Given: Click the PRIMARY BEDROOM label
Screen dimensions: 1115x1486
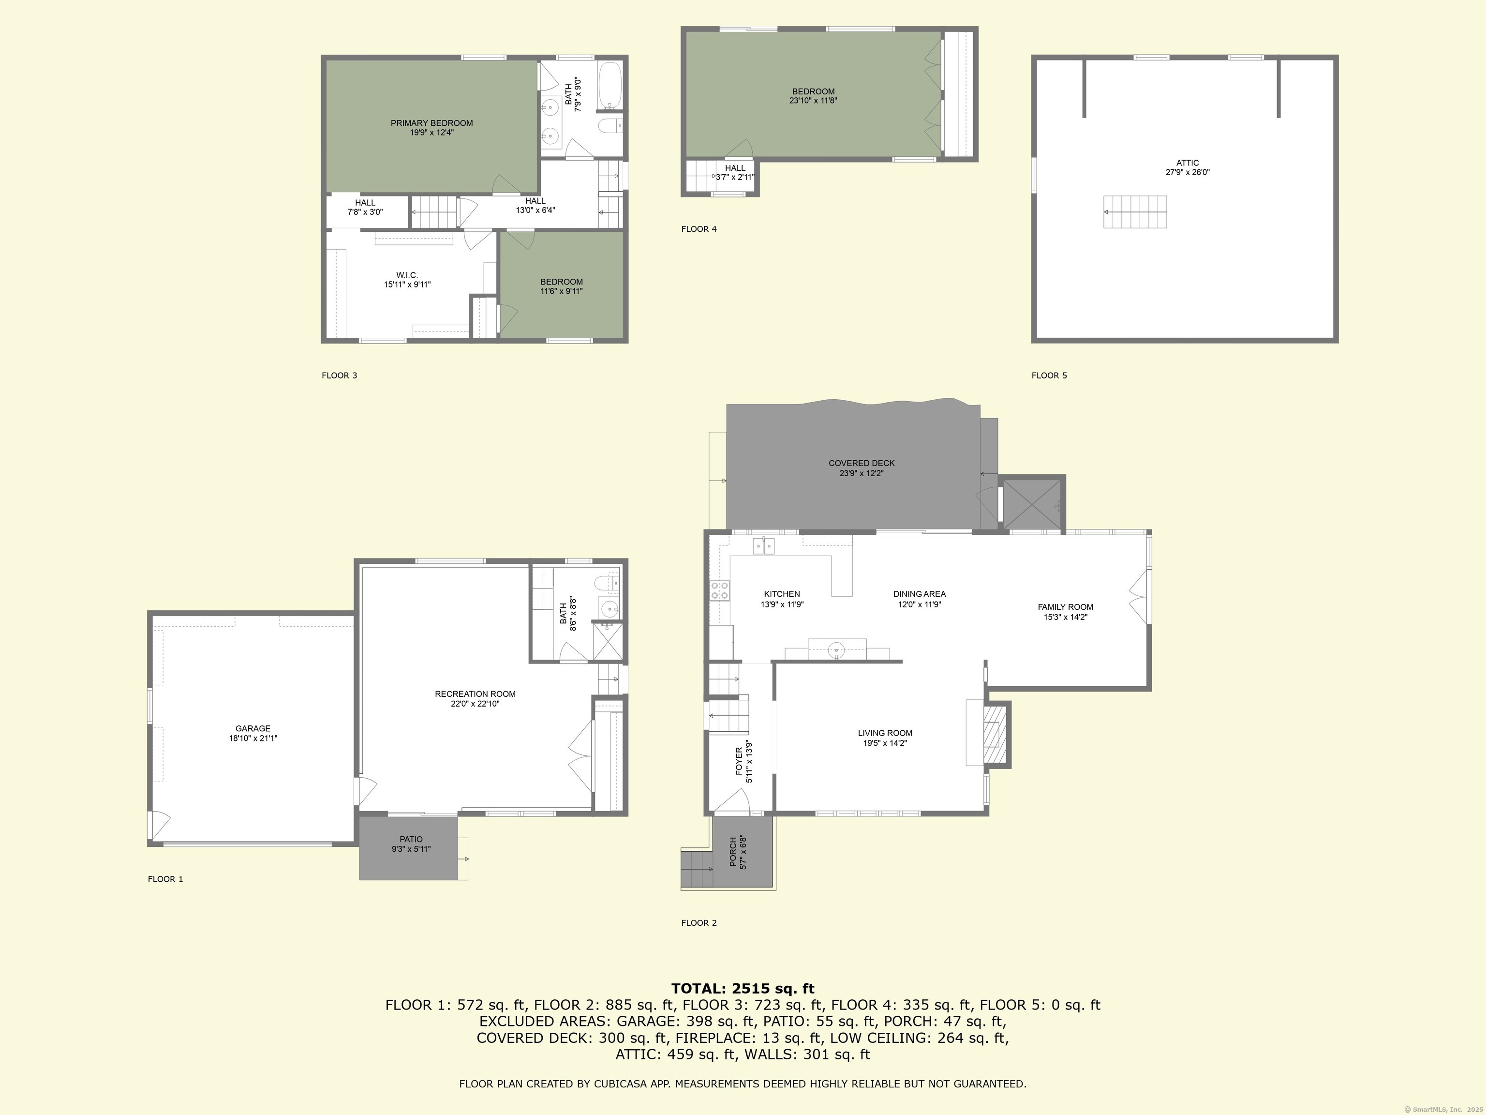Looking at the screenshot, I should (x=432, y=123).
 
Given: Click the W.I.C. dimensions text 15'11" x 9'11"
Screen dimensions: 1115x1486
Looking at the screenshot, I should (x=407, y=284).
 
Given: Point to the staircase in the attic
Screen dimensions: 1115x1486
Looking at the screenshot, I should (x=1135, y=211).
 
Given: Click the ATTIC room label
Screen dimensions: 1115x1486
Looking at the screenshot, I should (x=1187, y=163).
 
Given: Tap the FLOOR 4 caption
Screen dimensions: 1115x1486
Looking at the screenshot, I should (x=698, y=229).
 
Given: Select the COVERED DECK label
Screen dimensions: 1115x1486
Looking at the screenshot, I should (x=861, y=463).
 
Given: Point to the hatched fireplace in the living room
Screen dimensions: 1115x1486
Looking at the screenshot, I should (x=996, y=735).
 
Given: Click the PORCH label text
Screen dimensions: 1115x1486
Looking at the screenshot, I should (x=733, y=853).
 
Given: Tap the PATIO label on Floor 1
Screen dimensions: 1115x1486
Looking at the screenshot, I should (x=411, y=839).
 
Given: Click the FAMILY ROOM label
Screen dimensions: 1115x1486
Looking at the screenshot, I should (x=1066, y=607).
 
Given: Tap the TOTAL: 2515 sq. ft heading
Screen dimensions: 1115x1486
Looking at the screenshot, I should (x=743, y=988).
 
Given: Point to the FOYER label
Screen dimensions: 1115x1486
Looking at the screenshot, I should (x=739, y=761).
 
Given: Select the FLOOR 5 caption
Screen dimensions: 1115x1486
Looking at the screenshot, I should (x=1049, y=376).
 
